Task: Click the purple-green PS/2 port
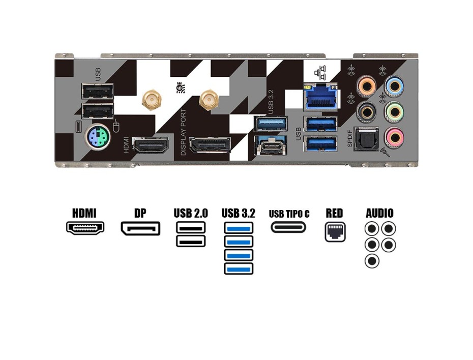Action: click(97, 136)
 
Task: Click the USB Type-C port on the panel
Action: click(275, 146)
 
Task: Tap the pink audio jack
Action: click(394, 136)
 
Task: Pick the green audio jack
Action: click(394, 111)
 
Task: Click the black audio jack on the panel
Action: click(366, 111)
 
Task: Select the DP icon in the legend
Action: click(140, 228)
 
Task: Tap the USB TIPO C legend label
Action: click(289, 214)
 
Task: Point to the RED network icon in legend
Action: click(335, 232)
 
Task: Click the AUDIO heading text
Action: click(379, 213)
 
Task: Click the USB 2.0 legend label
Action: click(191, 213)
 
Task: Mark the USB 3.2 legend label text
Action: click(238, 213)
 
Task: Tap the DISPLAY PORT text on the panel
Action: click(184, 132)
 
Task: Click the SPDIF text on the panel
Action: click(350, 138)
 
